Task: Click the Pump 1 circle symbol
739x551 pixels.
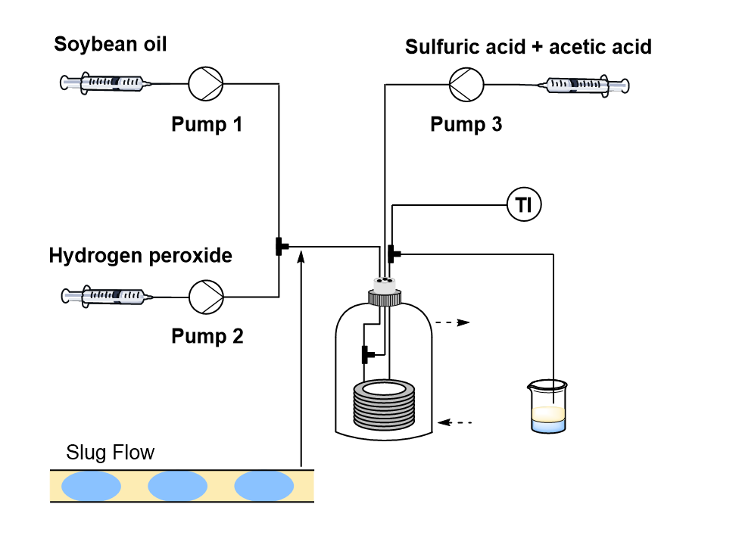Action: click(205, 83)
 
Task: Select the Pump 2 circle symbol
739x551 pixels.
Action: click(205, 294)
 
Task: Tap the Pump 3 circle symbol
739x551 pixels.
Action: click(465, 83)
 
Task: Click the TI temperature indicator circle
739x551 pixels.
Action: click(524, 204)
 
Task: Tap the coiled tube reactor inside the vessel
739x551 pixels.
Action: click(385, 404)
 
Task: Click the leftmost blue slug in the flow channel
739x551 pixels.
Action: click(92, 486)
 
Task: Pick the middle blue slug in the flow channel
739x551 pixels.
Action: click(177, 486)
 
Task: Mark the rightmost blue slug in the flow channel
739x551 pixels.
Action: click(264, 486)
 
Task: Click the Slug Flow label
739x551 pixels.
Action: click(111, 453)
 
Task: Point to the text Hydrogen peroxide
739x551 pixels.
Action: click(140, 256)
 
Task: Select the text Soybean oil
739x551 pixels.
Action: click(111, 45)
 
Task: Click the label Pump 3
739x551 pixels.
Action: click(466, 124)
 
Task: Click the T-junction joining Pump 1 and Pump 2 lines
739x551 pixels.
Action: click(279, 246)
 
